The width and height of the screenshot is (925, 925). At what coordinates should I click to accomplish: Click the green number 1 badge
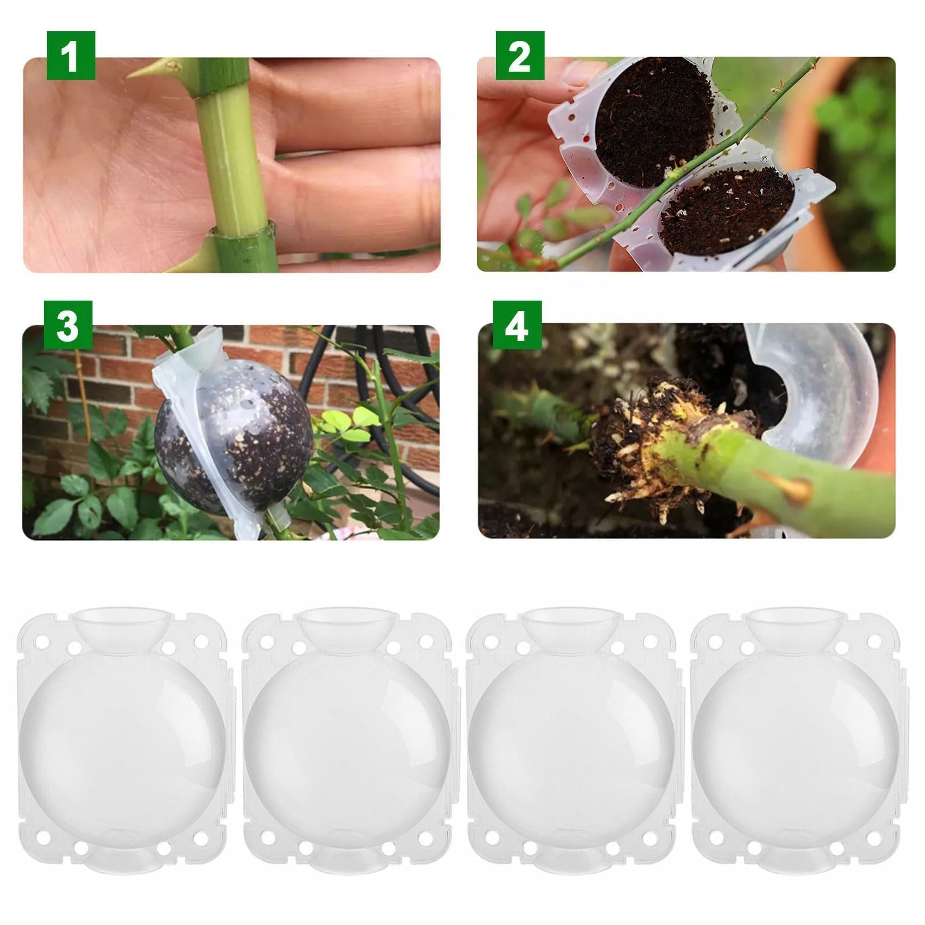tap(71, 55)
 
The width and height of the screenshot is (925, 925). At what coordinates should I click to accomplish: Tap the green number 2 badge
tap(520, 55)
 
